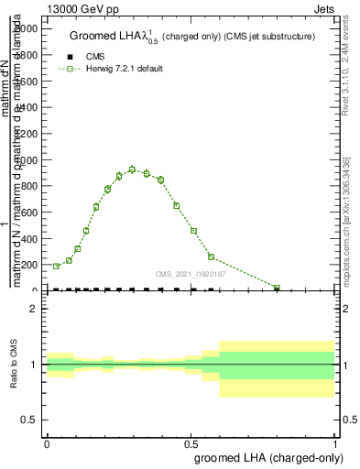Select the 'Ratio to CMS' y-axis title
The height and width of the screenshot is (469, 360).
[x=14, y=365]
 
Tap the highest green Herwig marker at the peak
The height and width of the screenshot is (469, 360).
[x=133, y=169]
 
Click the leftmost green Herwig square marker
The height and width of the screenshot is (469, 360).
[x=56, y=266]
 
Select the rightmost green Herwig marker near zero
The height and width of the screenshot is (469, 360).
[x=277, y=288]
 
